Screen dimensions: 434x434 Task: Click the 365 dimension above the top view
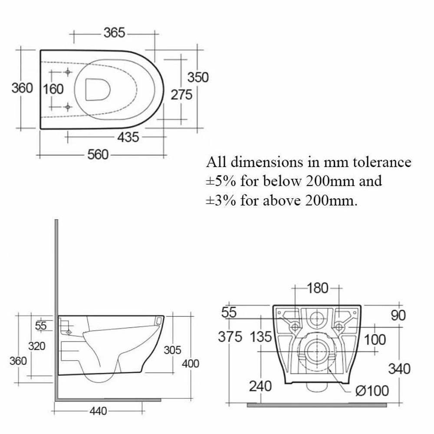click(114, 33)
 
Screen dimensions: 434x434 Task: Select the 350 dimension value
click(197, 77)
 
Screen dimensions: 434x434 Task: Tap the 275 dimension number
click(181, 95)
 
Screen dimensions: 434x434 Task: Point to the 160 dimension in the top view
click(54, 89)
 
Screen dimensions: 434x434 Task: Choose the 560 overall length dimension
click(98, 155)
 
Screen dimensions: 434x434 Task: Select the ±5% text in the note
click(221, 181)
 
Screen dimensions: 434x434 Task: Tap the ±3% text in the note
click(221, 200)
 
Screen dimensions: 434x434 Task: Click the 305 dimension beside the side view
click(172, 350)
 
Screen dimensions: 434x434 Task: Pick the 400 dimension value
click(190, 364)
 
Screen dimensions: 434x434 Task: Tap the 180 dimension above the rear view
click(318, 288)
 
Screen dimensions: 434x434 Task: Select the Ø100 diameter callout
click(372, 391)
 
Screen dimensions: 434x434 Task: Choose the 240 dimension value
click(260, 385)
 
